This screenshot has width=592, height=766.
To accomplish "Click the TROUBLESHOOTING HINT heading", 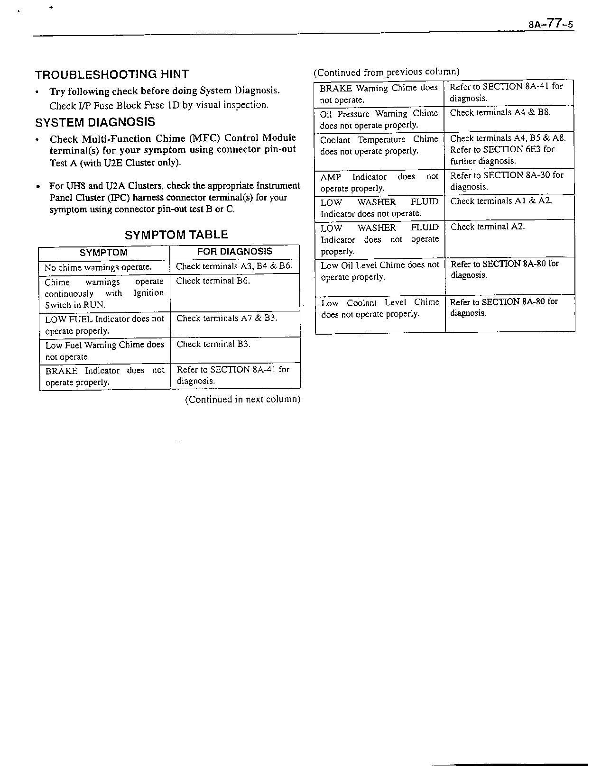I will click(x=112, y=74).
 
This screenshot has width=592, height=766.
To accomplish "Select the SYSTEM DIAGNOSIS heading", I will click(x=95, y=122).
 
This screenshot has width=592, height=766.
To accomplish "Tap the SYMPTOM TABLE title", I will click(x=176, y=235).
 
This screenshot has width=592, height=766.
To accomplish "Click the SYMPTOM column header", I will click(x=103, y=253).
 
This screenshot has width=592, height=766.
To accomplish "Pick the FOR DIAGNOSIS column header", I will click(x=235, y=252).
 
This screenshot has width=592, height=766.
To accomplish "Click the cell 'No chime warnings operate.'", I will click(x=98, y=267).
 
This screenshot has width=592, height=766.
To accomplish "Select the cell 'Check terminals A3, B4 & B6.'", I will click(x=234, y=266).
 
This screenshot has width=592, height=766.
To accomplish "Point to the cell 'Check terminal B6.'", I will click(x=213, y=281).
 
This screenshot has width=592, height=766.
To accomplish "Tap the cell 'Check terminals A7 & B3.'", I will click(x=226, y=319).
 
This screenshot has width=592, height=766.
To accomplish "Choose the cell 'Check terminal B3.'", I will click(x=213, y=344).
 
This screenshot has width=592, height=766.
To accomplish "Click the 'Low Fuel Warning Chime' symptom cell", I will click(x=104, y=351).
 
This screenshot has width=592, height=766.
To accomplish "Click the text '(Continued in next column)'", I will click(x=242, y=399).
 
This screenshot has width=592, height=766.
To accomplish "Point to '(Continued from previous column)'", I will click(x=386, y=72).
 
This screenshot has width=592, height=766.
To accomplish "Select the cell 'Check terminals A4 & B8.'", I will click(x=500, y=113).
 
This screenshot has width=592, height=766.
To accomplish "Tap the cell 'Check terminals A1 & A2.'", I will click(x=501, y=201).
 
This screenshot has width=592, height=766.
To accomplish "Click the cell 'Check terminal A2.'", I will click(x=488, y=227).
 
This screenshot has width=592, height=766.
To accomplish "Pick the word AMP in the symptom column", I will click(x=331, y=177).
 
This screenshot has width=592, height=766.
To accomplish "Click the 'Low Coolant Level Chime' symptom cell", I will click(x=380, y=308).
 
